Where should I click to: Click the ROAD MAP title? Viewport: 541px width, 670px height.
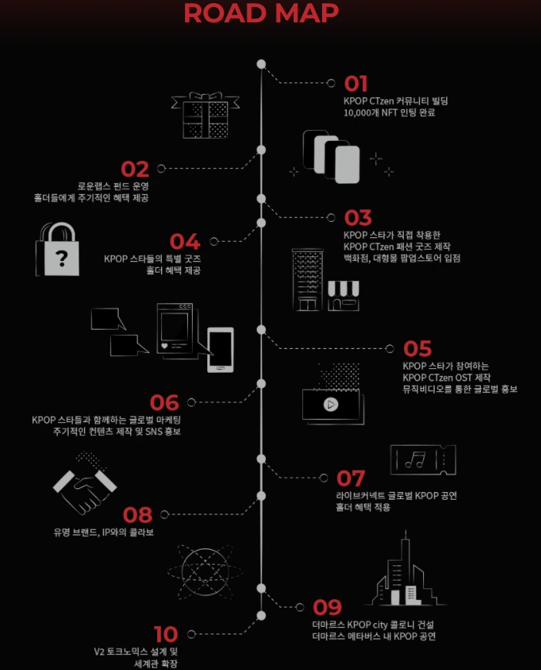click(261, 14)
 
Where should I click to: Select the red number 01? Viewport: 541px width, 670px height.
click(356, 84)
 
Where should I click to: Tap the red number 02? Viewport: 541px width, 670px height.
click(136, 169)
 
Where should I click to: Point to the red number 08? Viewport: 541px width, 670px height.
click(137, 514)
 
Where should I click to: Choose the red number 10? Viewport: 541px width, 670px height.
click(166, 635)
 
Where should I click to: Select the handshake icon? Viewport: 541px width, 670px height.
click(84, 483)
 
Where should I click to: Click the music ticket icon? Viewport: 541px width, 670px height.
click(423, 460)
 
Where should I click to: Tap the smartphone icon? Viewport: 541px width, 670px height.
click(220, 350)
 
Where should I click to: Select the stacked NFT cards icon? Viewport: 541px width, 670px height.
click(334, 157)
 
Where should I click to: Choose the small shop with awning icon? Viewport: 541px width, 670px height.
click(344, 295)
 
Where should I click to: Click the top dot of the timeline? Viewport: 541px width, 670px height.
click(261, 64)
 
